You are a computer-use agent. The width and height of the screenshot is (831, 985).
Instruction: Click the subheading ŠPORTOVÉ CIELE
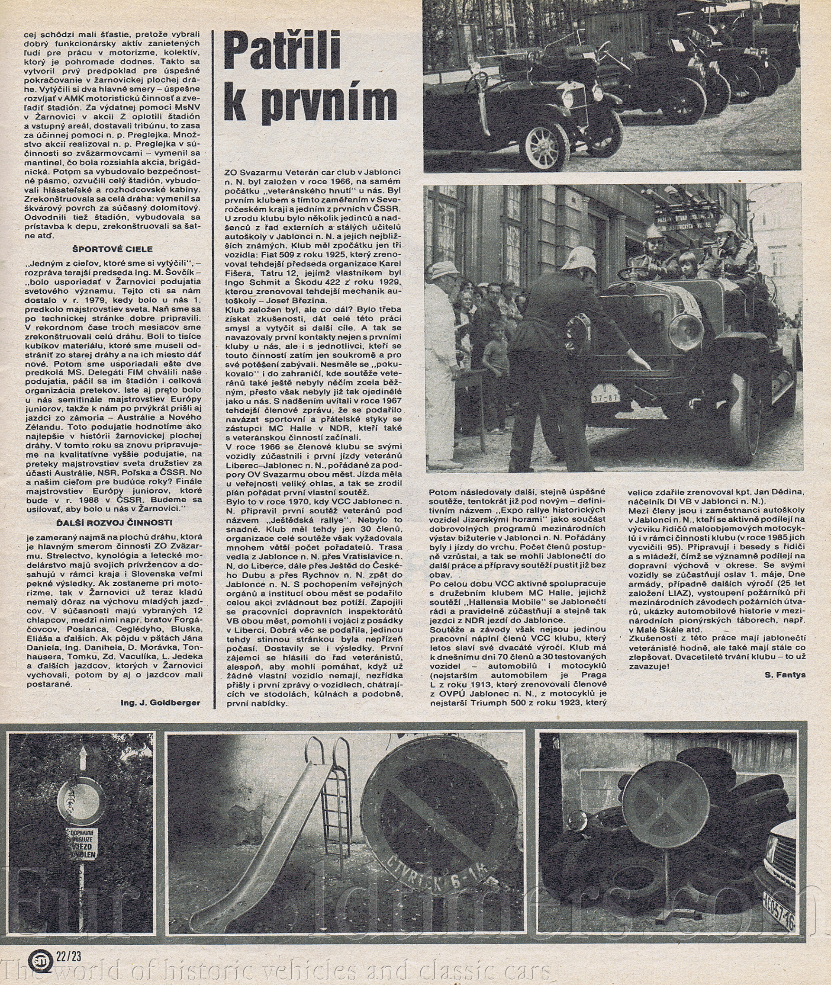(x=113, y=249)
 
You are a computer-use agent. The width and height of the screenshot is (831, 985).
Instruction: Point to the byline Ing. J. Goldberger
(x=161, y=703)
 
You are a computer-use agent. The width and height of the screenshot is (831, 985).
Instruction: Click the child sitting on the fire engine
(x=687, y=266)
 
